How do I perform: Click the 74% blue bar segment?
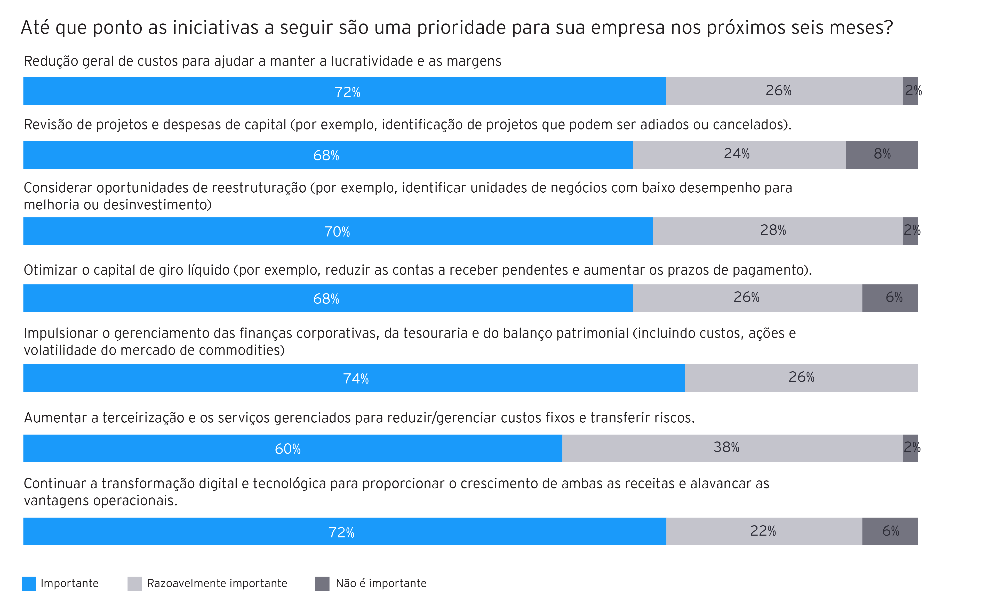(x=354, y=378)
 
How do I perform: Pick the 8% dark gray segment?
(x=882, y=155)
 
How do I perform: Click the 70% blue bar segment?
(x=338, y=231)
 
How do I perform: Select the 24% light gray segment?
(x=739, y=155)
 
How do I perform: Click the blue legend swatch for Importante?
(x=29, y=584)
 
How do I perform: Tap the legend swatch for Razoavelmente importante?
(x=134, y=584)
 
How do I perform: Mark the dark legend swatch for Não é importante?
(x=322, y=584)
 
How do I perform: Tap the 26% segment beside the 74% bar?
(x=801, y=378)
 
